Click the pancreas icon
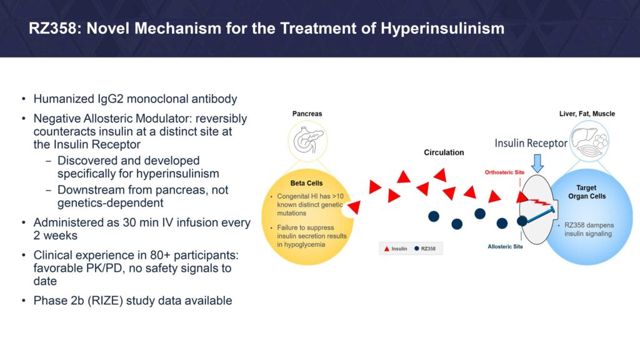pos(308,140)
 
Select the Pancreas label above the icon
pos(307,114)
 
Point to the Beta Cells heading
pos(306,183)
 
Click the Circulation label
pos(444,152)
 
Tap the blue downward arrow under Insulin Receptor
pos(537,163)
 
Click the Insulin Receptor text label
pos(531,143)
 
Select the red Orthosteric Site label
pos(504,172)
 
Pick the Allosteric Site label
pos(505,246)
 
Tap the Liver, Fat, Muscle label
pos(587,114)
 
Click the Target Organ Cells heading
pos(586,192)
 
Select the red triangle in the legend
pos(386,249)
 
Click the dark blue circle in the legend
pos(417,249)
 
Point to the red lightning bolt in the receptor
pos(539,202)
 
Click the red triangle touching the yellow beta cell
pos(355,207)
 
